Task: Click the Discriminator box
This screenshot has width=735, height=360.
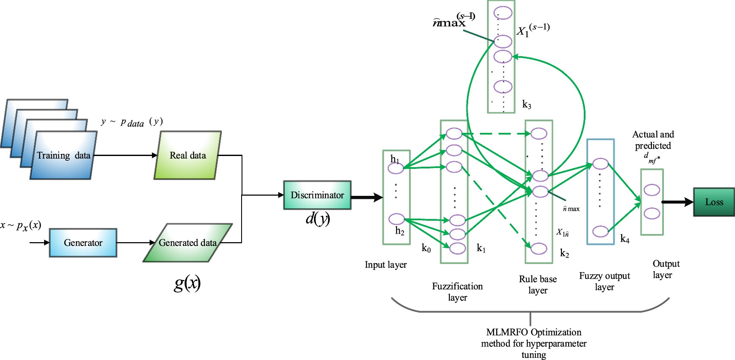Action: [317, 195]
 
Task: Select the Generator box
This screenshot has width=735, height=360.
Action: [83, 243]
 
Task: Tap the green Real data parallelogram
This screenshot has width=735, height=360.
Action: [188, 155]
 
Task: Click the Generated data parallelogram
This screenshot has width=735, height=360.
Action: [188, 243]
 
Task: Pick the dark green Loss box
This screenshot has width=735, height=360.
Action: [714, 202]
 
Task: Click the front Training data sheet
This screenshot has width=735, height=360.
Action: [63, 156]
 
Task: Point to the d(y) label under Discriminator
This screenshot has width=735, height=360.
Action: [317, 219]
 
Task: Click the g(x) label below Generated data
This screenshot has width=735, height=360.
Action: [187, 283]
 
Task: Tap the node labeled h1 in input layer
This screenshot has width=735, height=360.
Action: [395, 168]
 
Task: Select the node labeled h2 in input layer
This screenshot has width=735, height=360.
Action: [397, 219]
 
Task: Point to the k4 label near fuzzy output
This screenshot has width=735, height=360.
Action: [624, 239]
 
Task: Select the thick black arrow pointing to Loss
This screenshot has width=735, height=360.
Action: [677, 202]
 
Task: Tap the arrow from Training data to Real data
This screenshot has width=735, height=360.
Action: [125, 155]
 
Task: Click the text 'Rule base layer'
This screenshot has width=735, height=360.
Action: [538, 285]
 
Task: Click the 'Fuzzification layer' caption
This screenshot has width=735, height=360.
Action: [457, 291]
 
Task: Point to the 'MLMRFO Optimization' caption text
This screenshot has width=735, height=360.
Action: [534, 332]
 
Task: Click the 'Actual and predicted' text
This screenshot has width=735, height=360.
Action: [653, 140]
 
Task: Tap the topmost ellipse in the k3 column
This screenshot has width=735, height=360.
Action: [503, 13]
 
